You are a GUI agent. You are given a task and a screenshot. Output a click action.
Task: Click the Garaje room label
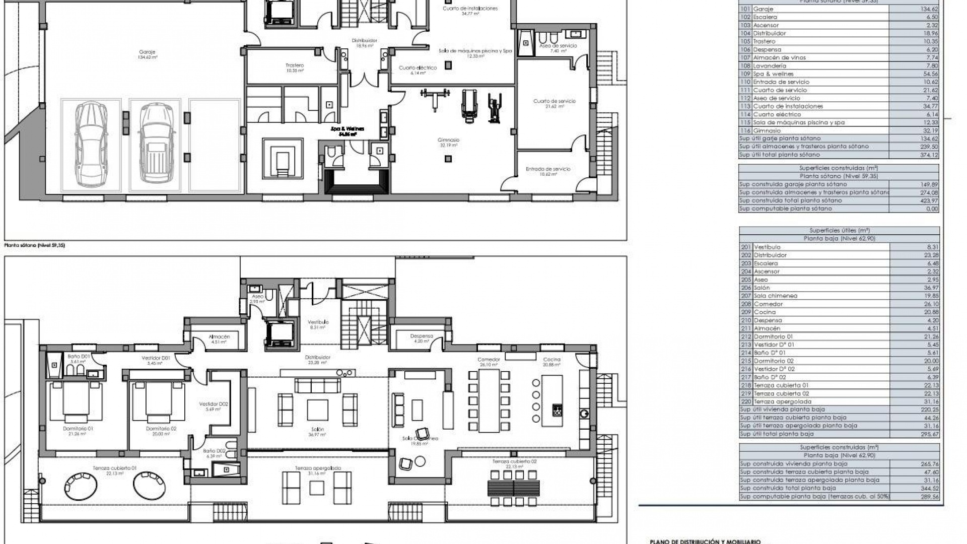pos(147,52)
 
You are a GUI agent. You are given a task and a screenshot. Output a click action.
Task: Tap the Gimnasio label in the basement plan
pos(448,140)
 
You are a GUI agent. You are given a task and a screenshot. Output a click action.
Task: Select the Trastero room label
pos(295,65)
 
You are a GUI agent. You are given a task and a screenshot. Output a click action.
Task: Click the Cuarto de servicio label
pos(554,101)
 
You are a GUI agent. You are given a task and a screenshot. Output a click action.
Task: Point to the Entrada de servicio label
pos(548,169)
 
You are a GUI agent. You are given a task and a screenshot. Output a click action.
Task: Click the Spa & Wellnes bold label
pos(347,128)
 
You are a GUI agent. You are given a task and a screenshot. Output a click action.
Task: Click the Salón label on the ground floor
pos(317,429)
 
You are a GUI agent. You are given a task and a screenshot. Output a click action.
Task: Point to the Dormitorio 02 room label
pos(161,428)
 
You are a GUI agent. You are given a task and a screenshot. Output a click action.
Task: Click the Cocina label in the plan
pos(552,360)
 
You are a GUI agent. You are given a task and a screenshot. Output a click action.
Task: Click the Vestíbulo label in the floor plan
pos(318,322)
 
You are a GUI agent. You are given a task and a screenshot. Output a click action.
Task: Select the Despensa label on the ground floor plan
pos(422,336)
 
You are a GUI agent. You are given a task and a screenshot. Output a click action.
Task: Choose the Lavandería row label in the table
pos(770,66)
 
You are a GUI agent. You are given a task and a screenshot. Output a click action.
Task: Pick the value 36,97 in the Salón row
pos(931,288)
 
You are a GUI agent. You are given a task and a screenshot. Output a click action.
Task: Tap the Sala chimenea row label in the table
pos(776,296)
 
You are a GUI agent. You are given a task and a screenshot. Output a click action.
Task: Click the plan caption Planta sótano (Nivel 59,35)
pos(35,245)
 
